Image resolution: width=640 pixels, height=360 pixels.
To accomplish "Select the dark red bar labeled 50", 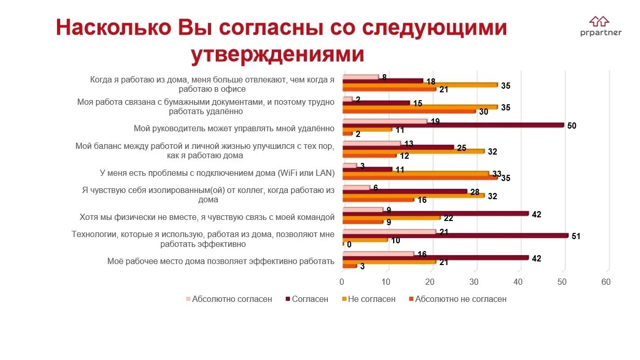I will pos(453,125).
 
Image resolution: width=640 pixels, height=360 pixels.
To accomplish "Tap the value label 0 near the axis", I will pos(349,244).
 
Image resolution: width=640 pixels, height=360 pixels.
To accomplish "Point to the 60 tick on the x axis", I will pos(606,282).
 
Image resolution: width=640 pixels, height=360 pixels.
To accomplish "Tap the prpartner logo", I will pos(601,26).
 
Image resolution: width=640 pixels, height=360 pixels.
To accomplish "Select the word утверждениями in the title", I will pos(277,54).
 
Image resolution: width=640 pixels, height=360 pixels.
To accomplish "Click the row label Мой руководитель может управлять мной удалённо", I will pos(234,129).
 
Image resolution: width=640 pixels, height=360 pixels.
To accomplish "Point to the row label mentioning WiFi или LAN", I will pos(217,173).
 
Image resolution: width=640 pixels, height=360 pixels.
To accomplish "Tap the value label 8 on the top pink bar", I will pos(384,77).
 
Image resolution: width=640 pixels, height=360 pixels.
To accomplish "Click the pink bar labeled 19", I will pos(385,121).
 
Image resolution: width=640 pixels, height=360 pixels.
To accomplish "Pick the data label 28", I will pos(474,192).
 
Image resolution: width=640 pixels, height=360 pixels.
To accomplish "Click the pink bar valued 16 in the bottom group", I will pos(378,253).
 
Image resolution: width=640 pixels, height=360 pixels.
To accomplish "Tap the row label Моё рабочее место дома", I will pos(220,261).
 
